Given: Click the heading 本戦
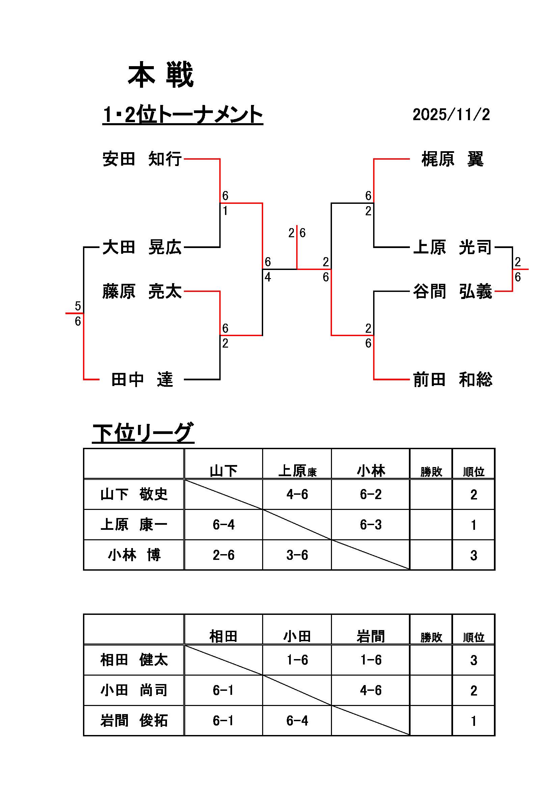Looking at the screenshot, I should coord(161,75).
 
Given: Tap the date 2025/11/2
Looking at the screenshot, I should coord(451,114).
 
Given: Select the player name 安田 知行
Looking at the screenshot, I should coord(142,159).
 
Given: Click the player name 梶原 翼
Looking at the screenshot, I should coord(452,159).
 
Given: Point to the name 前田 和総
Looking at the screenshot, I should coord(452,380).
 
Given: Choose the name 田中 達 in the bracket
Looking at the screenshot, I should coord(142,380).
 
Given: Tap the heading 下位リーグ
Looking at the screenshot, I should coord(143,433).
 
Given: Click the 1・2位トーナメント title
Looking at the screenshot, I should coord(183,114).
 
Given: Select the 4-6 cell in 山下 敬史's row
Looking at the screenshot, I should coord(297,494).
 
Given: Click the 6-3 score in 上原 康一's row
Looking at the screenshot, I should coord(371,525).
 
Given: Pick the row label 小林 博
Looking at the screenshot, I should coord(134,555).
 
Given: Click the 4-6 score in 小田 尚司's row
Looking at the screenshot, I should coord(371,690).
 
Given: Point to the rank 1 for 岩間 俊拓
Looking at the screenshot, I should coord(473,720).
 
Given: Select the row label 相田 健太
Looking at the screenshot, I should coord(134,660).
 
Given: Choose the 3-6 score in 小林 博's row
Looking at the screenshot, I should coord(297,555).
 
